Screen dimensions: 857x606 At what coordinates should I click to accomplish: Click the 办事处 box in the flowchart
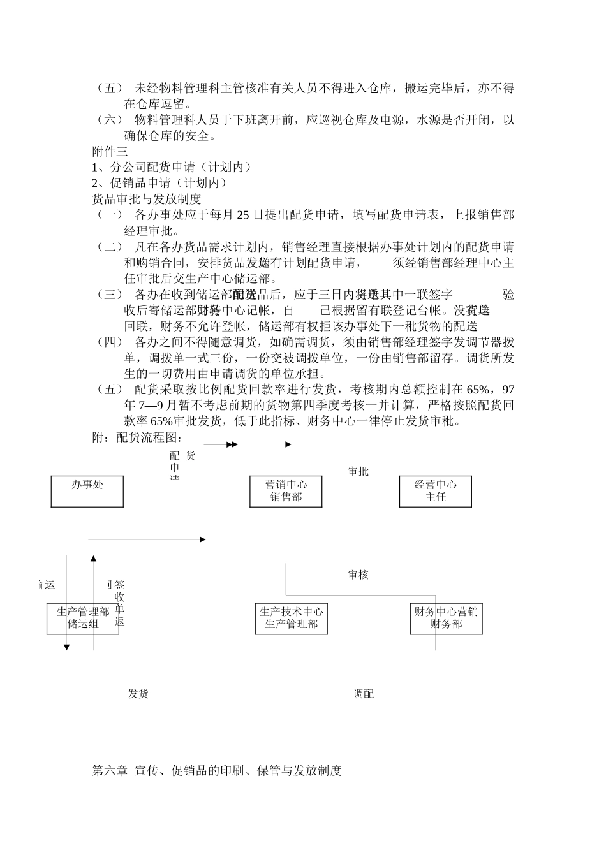point(87,491)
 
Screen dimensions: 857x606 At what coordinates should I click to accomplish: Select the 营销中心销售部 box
point(286,491)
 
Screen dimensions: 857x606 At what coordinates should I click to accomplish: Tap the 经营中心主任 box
point(436,491)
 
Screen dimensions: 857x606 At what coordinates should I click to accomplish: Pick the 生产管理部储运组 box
point(83,618)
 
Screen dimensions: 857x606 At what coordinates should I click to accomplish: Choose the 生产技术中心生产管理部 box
point(291,618)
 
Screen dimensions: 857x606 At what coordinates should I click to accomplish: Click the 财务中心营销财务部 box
point(446,618)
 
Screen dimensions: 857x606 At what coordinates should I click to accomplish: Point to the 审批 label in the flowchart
point(358,472)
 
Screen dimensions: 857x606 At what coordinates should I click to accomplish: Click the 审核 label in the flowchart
point(358,575)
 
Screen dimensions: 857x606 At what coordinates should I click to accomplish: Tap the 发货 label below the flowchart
point(138,694)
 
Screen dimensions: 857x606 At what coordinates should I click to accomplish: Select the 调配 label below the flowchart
point(364,694)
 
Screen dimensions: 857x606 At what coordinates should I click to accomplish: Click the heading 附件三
point(110,152)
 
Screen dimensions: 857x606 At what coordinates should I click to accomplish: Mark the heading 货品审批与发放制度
point(147,199)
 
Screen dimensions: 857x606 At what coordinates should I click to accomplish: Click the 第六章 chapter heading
point(217,771)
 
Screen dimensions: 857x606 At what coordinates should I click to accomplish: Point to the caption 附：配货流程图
point(137,437)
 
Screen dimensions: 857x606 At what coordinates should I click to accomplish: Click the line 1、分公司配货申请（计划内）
point(172,168)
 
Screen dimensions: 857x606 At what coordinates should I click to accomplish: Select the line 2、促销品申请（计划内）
point(160,183)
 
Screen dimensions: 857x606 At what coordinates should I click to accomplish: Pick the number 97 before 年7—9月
point(508,390)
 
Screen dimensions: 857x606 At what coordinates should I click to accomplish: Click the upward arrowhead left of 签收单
point(94,559)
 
